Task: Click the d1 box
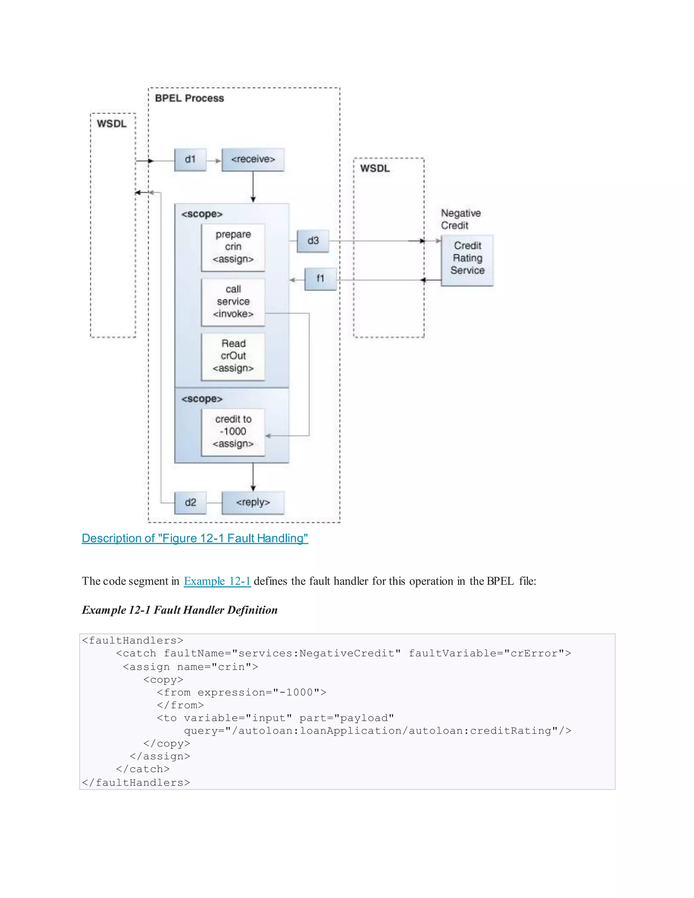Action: click(190, 160)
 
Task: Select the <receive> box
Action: click(253, 160)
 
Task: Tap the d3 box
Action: click(313, 241)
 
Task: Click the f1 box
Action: click(320, 279)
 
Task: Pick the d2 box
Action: click(190, 503)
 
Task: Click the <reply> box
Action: click(253, 503)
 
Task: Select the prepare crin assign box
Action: click(233, 247)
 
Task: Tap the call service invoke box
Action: click(233, 302)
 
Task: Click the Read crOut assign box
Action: click(233, 356)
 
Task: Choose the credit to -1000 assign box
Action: click(233, 432)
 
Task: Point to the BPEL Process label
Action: click(189, 98)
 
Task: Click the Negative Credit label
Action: click(460, 219)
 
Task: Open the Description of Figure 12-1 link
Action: click(195, 538)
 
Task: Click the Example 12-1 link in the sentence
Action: click(217, 581)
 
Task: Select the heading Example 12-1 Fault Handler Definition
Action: click(180, 610)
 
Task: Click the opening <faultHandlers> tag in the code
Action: click(132, 640)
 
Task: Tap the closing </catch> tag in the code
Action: click(143, 769)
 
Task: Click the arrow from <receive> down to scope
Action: click(253, 187)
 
